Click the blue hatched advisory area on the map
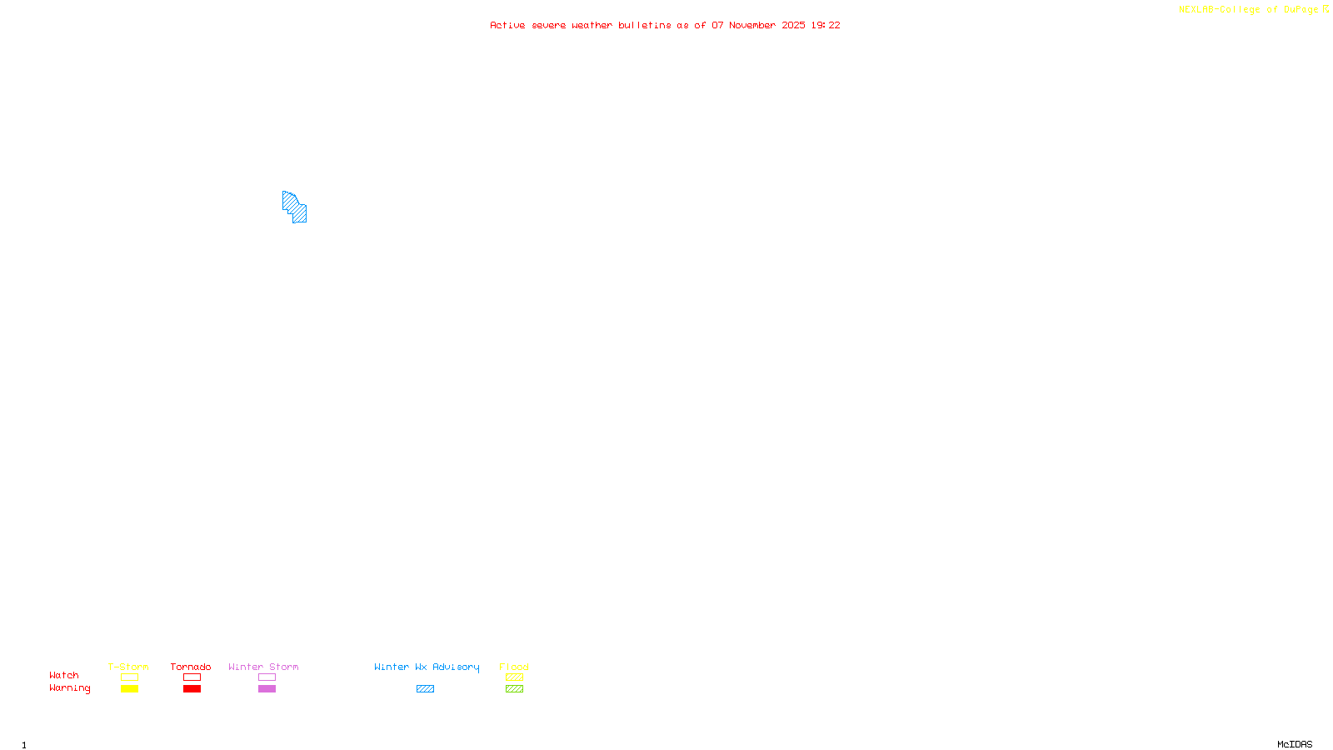[x=294, y=207]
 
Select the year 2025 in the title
[x=793, y=26]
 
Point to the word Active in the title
[x=507, y=26]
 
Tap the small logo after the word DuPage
[x=1326, y=9]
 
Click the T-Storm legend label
[x=128, y=667]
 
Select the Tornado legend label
[x=191, y=667]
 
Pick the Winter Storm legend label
[x=263, y=667]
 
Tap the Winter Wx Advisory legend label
[x=427, y=667]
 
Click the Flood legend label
[x=514, y=667]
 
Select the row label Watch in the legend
[x=64, y=676]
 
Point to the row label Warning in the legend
[x=70, y=688]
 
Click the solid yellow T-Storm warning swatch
[x=129, y=689]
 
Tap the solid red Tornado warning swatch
[x=192, y=689]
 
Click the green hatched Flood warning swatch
[x=515, y=689]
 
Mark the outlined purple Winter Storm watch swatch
[x=267, y=677]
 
